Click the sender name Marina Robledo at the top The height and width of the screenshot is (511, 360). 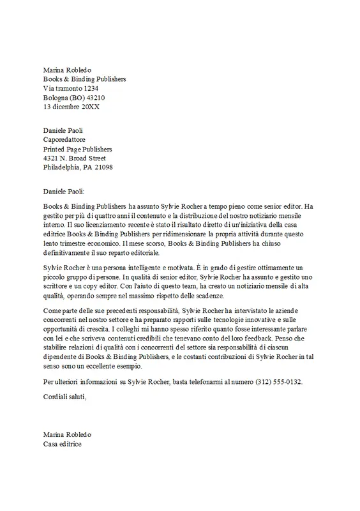tap(68, 69)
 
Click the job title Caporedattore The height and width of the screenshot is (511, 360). tap(64, 139)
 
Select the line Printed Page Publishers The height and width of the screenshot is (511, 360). tap(80, 149)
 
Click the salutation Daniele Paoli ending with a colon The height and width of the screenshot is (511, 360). tap(68, 190)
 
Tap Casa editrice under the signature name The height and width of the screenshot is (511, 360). tap(63, 443)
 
